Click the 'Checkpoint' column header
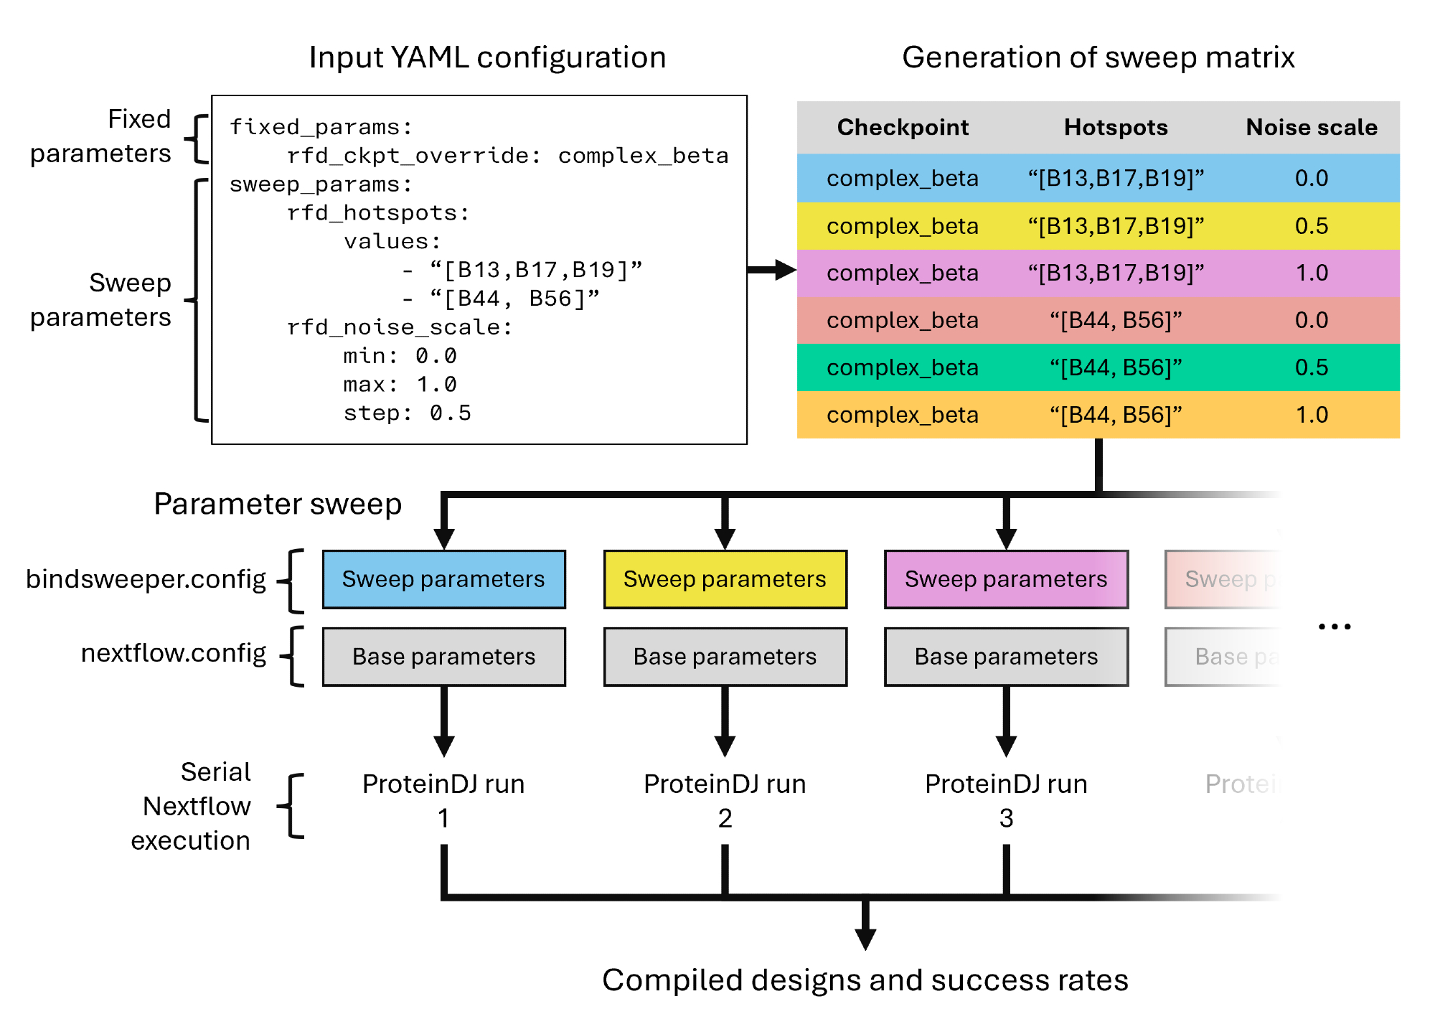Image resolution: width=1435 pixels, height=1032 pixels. [903, 127]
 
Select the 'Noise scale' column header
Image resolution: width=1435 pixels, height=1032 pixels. [1312, 127]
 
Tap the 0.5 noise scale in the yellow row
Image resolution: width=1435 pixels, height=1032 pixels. [1312, 226]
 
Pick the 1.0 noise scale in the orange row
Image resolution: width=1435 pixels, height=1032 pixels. [1312, 415]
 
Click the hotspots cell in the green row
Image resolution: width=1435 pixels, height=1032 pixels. [1116, 367]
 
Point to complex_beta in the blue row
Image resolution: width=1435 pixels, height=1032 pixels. [903, 178]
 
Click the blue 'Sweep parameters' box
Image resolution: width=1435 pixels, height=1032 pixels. [443, 579]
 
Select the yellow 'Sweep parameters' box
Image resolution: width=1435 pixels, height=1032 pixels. [725, 579]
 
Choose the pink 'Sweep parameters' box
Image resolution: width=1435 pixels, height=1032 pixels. [1006, 579]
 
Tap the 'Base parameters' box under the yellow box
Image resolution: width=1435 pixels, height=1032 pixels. [725, 657]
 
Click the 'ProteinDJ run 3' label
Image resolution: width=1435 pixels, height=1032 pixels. [1006, 800]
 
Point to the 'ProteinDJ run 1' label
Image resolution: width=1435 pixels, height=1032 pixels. [443, 800]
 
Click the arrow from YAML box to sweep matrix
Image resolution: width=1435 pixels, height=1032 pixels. [772, 270]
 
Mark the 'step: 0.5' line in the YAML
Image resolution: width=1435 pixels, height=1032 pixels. [407, 413]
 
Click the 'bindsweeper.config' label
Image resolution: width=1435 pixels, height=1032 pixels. [146, 579]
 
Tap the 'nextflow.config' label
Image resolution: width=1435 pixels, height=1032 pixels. [173, 653]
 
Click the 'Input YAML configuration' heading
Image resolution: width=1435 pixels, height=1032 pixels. [487, 57]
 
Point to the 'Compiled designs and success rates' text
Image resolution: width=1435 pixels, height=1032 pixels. [865, 980]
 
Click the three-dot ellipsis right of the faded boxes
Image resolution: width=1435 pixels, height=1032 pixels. [1335, 627]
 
